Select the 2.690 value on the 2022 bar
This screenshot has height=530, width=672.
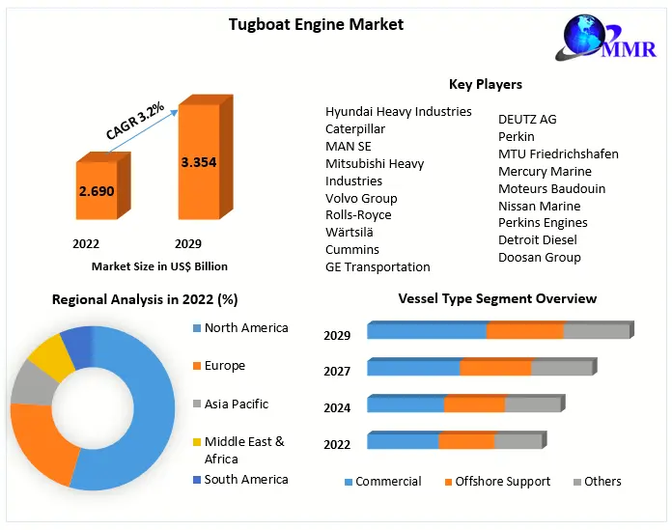(97, 191)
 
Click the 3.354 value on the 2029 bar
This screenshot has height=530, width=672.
(198, 162)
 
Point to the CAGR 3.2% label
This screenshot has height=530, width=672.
(134, 121)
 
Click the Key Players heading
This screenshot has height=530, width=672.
(485, 85)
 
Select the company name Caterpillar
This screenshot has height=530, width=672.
(355, 128)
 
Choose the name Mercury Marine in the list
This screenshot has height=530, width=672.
(545, 171)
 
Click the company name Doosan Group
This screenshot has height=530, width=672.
(539, 257)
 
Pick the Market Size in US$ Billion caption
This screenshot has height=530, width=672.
(159, 265)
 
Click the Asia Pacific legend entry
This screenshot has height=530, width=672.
(236, 404)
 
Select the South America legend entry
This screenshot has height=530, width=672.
(245, 479)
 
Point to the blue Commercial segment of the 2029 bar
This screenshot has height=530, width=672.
(426, 331)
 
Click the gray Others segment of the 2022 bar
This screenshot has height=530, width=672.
(518, 441)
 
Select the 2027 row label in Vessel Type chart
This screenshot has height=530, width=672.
(337, 372)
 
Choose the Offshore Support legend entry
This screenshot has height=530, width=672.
(502, 481)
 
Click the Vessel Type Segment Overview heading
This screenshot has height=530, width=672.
(497, 299)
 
